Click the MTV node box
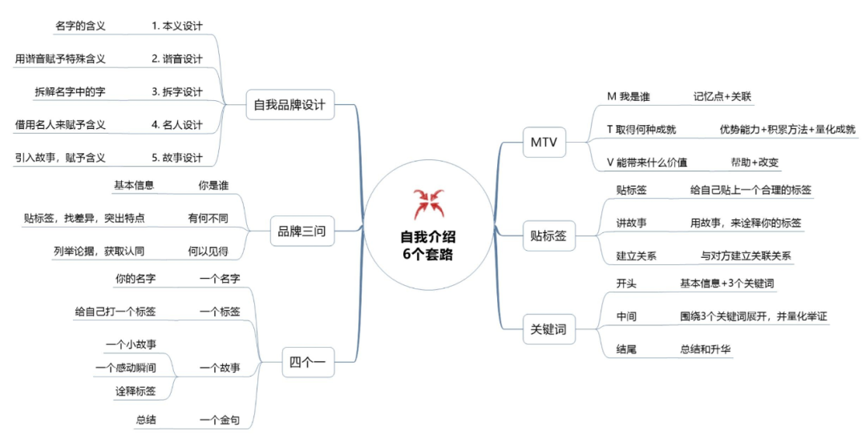544,143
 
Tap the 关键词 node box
548,328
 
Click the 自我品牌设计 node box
290,104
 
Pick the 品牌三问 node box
299,232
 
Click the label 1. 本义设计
177,26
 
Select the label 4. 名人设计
177,124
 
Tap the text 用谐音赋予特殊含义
60,58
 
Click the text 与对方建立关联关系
747,256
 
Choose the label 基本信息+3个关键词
726,284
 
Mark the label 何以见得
208,251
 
